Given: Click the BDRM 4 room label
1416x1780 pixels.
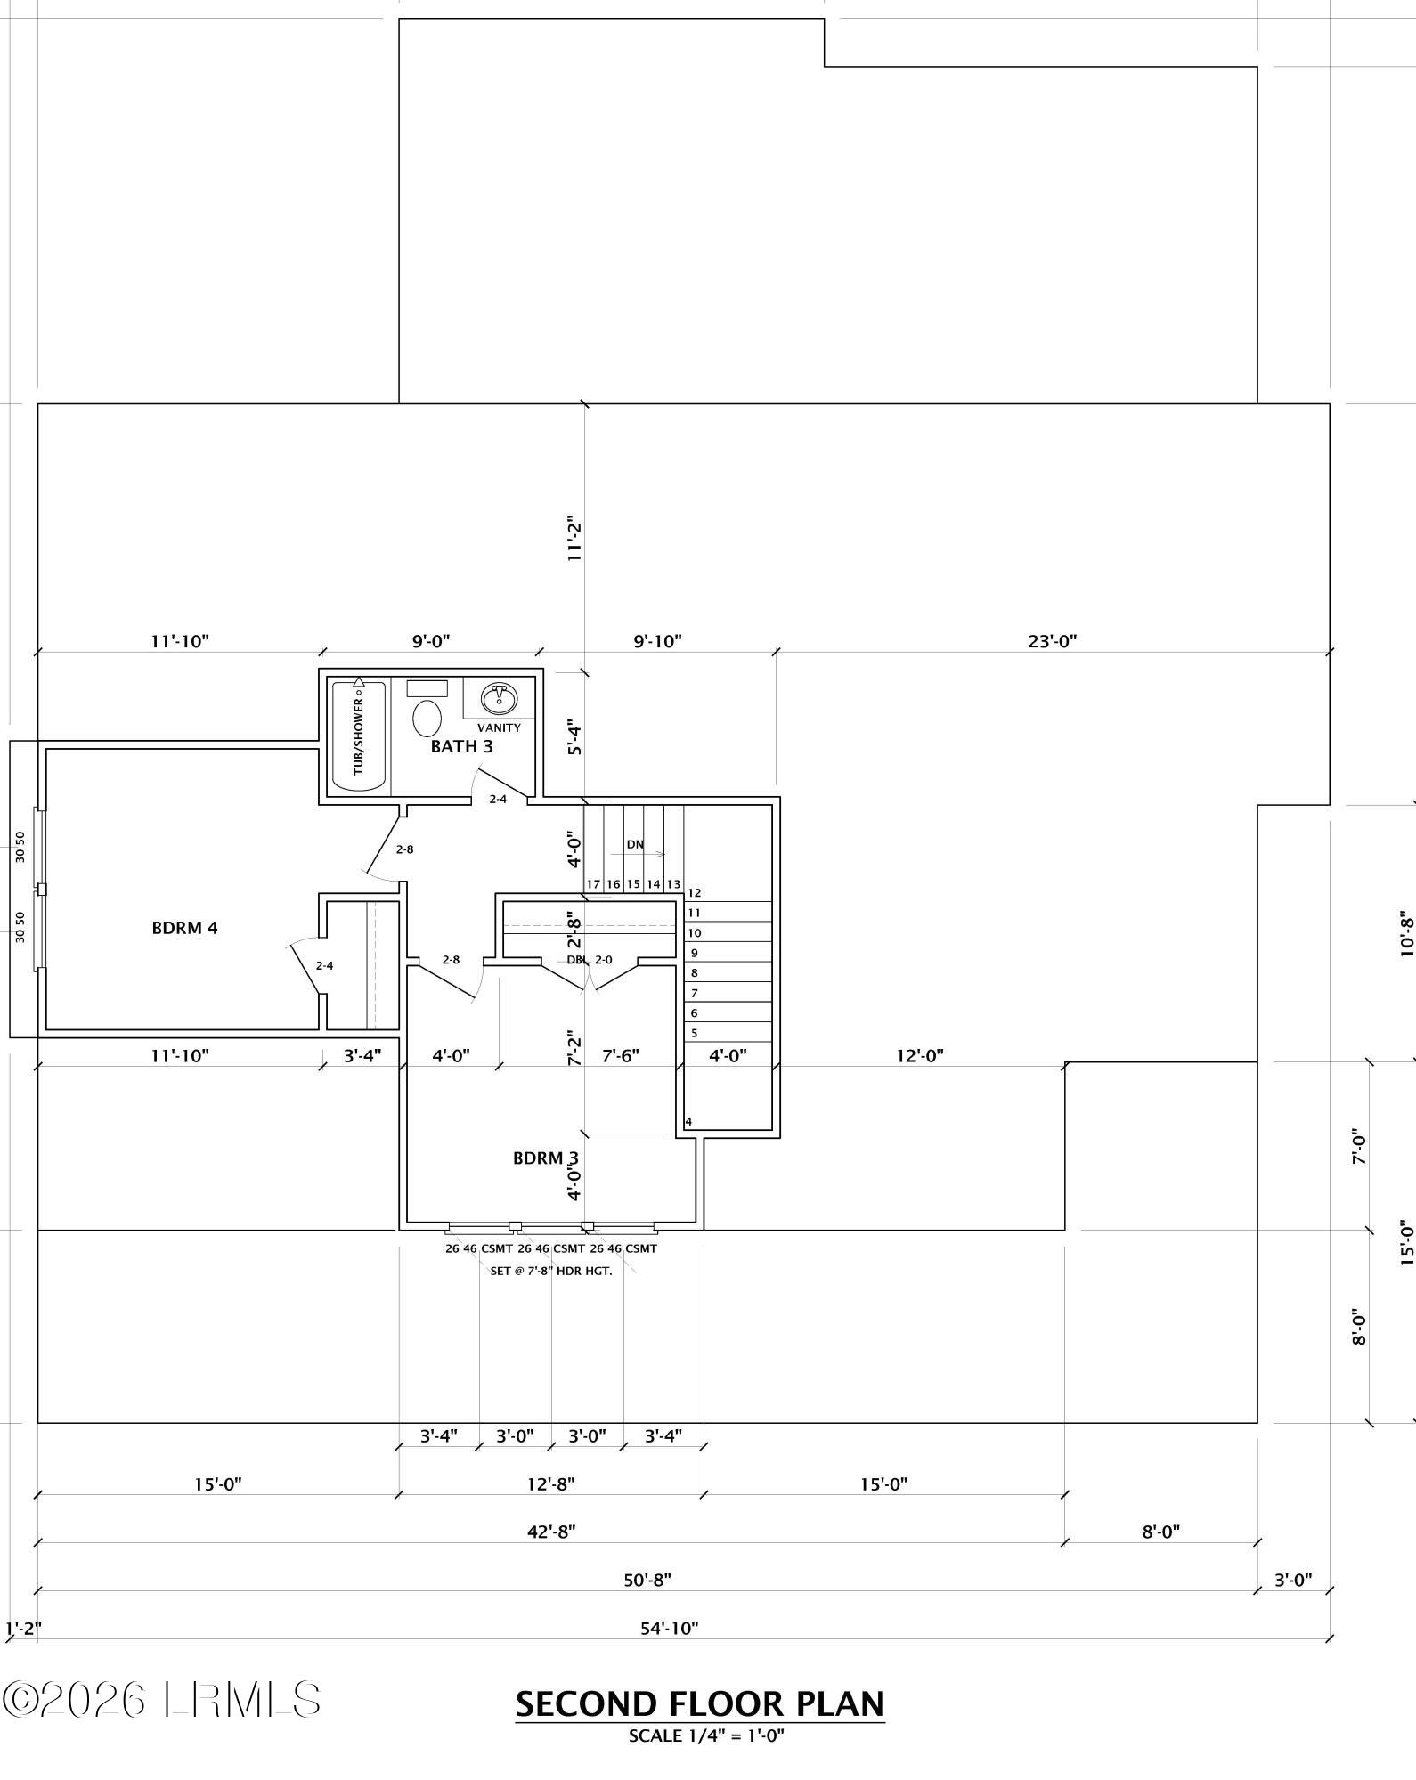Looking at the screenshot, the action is (x=184, y=928).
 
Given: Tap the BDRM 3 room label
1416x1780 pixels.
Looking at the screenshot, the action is (x=546, y=1158).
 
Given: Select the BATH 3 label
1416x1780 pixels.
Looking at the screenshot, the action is (x=461, y=746).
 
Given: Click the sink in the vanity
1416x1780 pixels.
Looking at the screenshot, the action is (x=499, y=698).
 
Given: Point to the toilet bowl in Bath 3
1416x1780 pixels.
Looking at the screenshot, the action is (x=427, y=717).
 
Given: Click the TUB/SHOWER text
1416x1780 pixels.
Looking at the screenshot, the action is (x=359, y=736).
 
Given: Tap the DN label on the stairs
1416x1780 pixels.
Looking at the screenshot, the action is (x=635, y=844).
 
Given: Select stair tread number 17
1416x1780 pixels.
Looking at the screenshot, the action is (x=594, y=884).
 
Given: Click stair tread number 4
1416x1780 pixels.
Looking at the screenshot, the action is (x=689, y=1122).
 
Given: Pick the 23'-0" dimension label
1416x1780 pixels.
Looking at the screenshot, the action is (x=1054, y=641).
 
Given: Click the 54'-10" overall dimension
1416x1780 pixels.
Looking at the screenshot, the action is (x=670, y=1629).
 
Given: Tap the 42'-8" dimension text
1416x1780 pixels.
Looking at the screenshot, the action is (x=551, y=1532).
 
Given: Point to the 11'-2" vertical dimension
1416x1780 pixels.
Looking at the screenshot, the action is (x=574, y=539).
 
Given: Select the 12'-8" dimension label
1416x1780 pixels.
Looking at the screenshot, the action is (x=550, y=1484).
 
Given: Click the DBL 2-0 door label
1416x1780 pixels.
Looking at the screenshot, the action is (x=590, y=960).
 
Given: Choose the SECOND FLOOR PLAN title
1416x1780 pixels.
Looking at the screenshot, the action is (x=700, y=1704).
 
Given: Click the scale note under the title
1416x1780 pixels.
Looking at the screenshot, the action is (x=706, y=1735).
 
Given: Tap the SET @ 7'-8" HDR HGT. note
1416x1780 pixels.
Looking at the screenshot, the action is (x=551, y=1271).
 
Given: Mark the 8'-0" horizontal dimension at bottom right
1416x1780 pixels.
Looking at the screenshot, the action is (x=1160, y=1532).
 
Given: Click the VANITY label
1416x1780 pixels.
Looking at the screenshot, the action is (x=499, y=727).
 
